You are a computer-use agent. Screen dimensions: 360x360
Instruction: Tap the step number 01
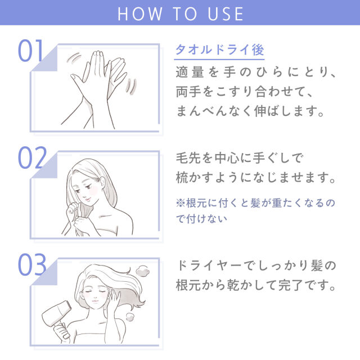coord(31,51)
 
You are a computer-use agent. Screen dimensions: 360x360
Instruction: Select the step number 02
coord(31,159)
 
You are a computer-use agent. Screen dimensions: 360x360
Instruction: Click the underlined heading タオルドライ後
coord(219,50)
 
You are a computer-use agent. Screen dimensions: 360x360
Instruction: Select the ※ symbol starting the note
coord(180,201)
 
